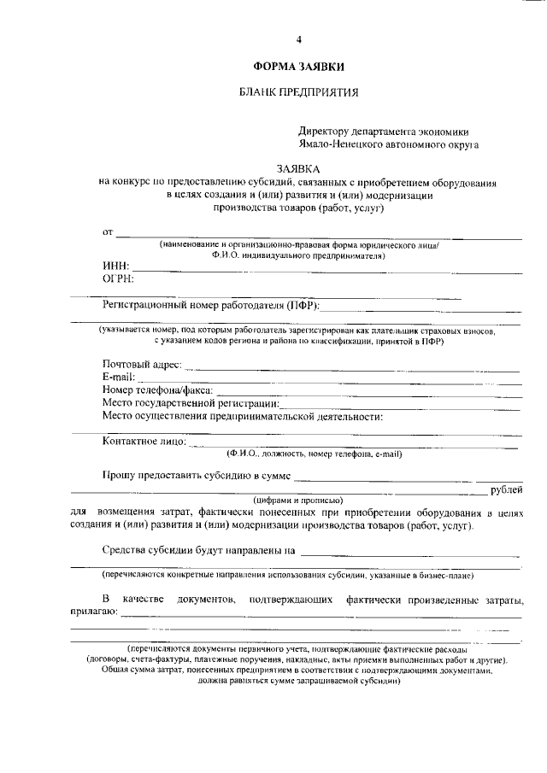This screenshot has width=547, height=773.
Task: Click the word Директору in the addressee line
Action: [x=324, y=132]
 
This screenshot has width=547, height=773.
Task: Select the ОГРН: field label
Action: [x=119, y=279]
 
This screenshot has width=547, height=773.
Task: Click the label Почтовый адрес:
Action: [x=142, y=366]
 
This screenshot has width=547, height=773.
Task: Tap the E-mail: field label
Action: [x=119, y=378]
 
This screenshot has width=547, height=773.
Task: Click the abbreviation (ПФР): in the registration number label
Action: [x=303, y=305]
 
